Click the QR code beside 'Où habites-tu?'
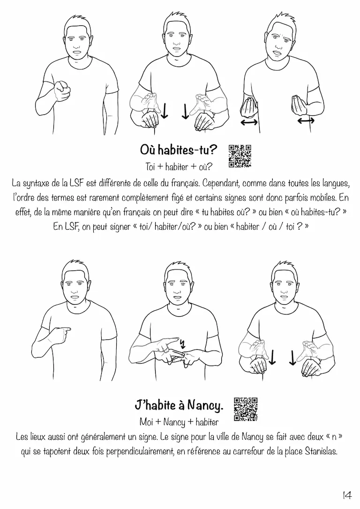[x=240, y=156]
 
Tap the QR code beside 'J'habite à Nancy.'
[x=246, y=409]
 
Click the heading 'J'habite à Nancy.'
[x=179, y=405]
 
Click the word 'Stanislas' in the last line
[x=321, y=451]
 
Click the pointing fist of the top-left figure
[x=62, y=90]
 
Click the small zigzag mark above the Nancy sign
[x=182, y=343]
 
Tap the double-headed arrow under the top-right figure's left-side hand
[x=249, y=122]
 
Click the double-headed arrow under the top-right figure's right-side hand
[x=306, y=120]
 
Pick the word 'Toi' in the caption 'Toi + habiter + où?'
[x=150, y=167]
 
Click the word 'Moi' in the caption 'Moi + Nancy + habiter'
[x=146, y=422]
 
